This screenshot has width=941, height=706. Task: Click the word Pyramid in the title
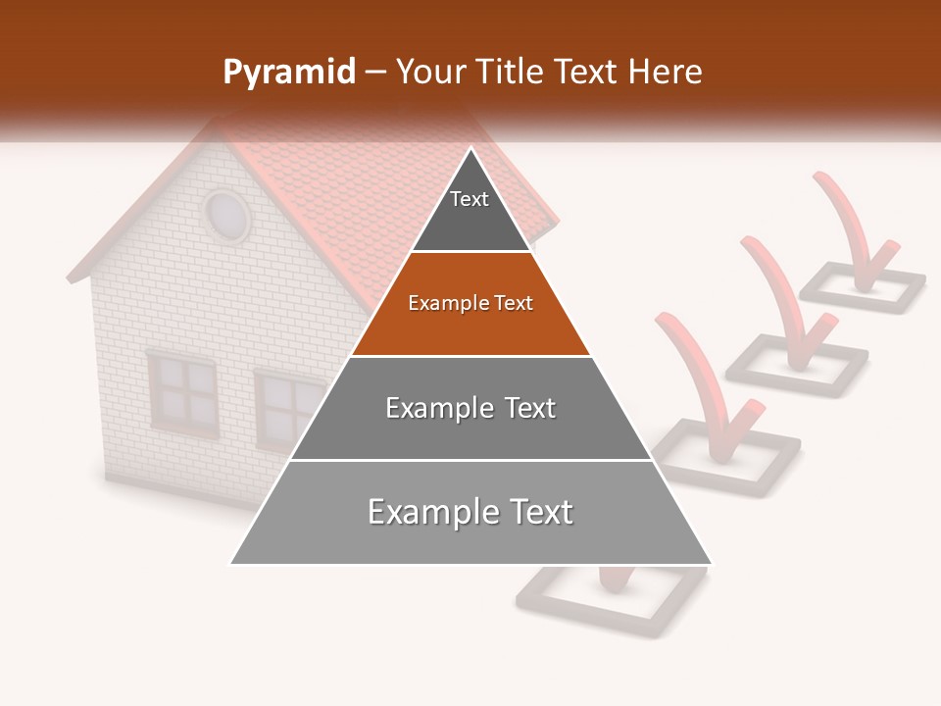coord(288,73)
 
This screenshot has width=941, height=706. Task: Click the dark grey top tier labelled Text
coord(470,211)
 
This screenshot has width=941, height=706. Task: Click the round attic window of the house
coord(226,215)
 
